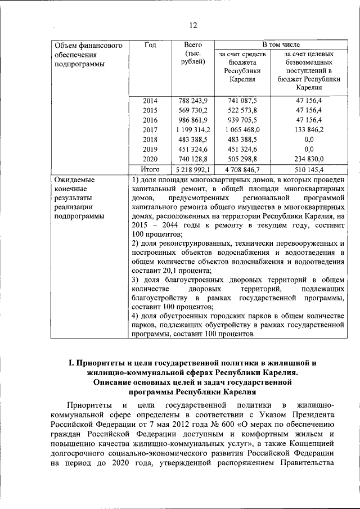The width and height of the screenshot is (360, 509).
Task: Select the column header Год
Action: click(150, 44)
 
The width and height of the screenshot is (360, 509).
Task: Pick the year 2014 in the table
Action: click(150, 101)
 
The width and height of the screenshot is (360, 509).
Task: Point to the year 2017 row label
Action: click(150, 129)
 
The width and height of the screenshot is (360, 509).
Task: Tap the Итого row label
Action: click(150, 169)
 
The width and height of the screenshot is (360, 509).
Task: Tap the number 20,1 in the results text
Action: click(167, 271)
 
